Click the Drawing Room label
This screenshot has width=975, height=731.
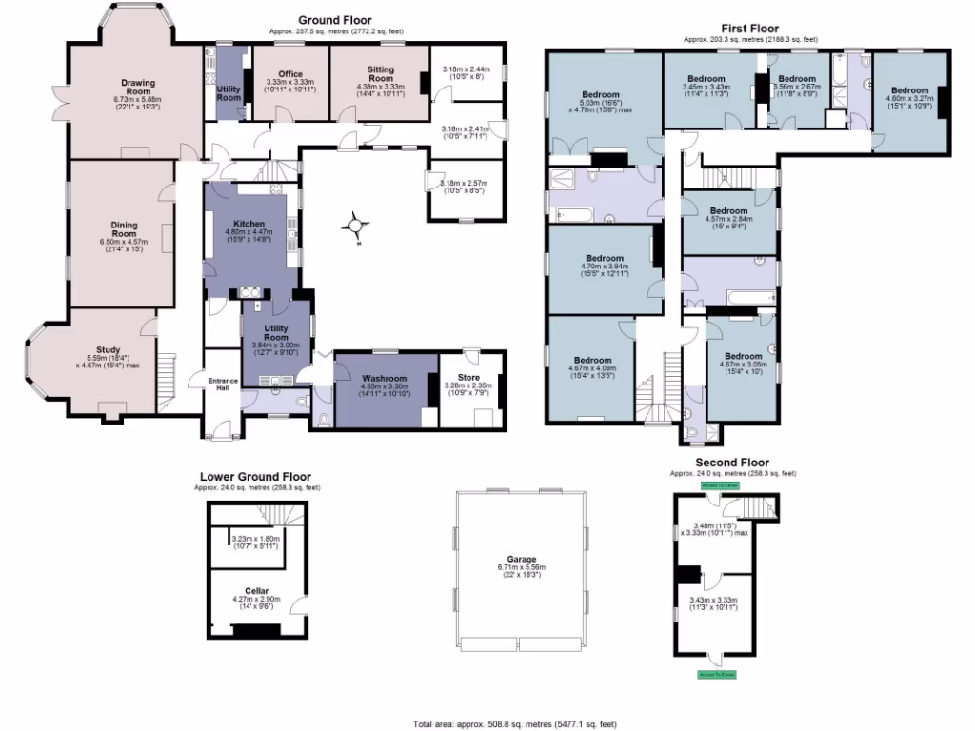pos(138,83)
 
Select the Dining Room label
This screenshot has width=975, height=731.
pos(124,229)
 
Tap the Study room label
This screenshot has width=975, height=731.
pos(108,349)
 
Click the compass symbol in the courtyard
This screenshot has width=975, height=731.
pos(356,227)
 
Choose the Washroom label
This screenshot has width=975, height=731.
pos(383,378)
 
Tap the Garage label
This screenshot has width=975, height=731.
pos(521,559)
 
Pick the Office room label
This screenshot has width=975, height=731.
pos(289,74)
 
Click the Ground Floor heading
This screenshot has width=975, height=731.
pos(334,20)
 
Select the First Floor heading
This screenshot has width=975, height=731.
pos(750,30)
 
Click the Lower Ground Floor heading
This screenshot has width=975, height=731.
pos(255,478)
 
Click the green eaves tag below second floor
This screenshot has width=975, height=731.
pos(716,674)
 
